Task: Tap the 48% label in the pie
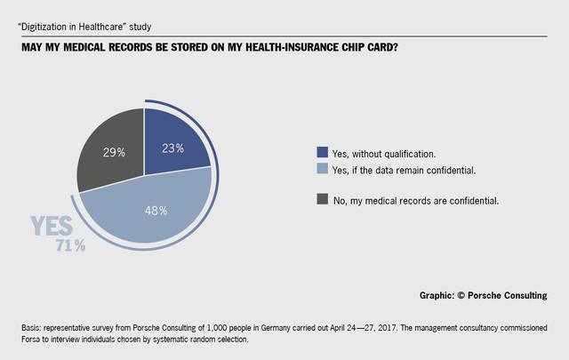coord(157,211)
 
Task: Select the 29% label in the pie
coord(113,152)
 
